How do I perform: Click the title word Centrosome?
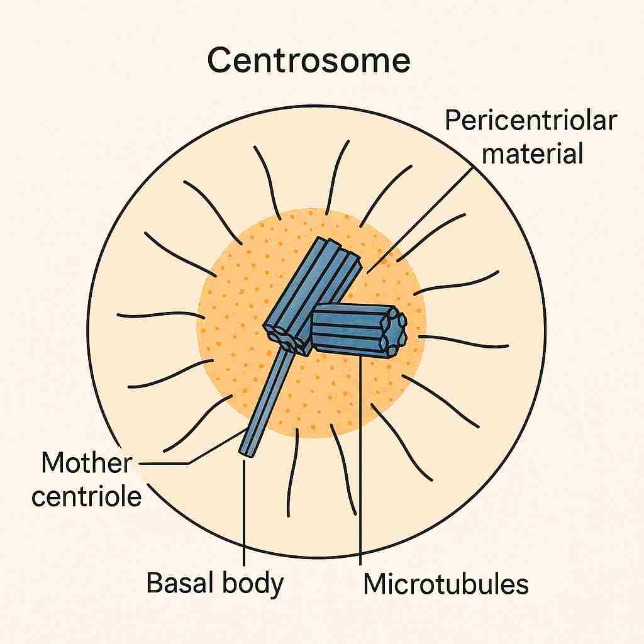pos(309,60)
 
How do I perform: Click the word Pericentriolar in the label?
pos(531,120)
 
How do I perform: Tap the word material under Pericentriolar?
pos(532,153)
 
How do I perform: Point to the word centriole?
pos(87,496)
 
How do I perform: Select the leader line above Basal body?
pos(244,513)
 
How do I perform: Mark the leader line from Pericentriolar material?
pos(419,220)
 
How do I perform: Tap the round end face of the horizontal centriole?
pos(394,331)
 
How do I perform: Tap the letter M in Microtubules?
pos(377,584)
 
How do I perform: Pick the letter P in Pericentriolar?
pos(453,120)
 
